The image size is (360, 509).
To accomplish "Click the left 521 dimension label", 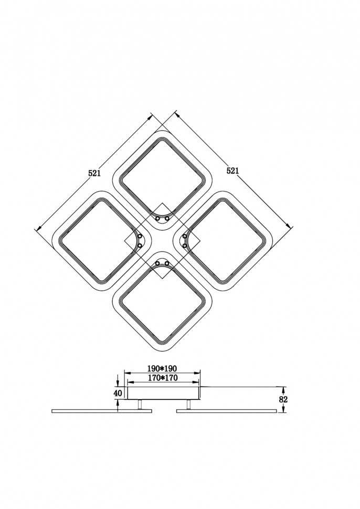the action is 94,173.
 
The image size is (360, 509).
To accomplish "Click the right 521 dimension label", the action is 232,171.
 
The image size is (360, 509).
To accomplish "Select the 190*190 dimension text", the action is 162,369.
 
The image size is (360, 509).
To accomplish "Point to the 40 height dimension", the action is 118,393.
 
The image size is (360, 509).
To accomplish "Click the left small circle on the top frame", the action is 158,219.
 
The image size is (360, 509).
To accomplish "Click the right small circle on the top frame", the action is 167,219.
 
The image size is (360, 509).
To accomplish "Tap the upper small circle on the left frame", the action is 140,236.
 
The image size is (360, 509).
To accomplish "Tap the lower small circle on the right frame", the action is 185,246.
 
